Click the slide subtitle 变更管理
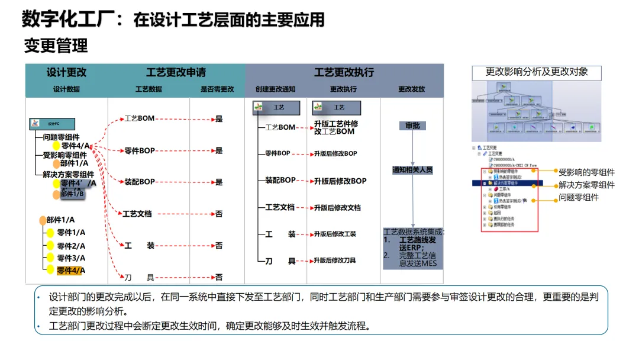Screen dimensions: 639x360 pos(56,46)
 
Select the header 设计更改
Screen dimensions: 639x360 pos(66,72)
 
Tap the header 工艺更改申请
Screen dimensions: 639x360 pos(176,72)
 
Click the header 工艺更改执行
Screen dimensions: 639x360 pos(344,72)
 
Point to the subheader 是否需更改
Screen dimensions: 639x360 pos(217,89)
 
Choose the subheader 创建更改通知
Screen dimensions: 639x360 pos(275,89)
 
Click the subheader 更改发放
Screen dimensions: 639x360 pos(411,89)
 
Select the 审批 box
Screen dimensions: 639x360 pos(412,126)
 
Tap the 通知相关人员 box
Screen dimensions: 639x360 pos(412,170)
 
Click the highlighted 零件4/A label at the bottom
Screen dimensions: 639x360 pos(71,271)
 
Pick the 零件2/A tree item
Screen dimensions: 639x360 pos(71,246)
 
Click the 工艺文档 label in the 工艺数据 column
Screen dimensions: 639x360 pos(137,214)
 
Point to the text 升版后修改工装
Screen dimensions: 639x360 pos(335,234)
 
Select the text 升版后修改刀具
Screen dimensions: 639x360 pos(335,261)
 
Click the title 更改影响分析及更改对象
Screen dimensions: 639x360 pos(537,72)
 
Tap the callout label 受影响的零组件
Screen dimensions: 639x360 pos(586,172)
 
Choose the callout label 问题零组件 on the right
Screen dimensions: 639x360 pos(579,198)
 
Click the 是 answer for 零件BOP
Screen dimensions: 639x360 pos(219,150)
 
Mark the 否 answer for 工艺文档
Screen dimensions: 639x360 pos(219,214)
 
